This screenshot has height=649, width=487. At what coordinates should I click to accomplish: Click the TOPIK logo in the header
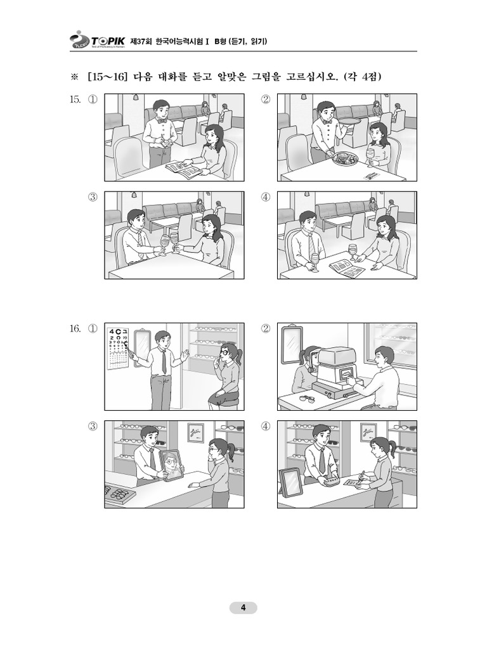(x=97, y=40)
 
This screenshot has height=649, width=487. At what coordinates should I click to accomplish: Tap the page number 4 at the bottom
(x=243, y=608)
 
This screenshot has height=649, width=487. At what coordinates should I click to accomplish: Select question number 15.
(x=75, y=100)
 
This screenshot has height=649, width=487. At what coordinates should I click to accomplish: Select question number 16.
(x=75, y=329)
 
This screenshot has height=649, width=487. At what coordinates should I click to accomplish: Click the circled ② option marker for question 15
(x=266, y=100)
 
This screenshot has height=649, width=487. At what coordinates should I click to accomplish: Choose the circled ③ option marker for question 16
(x=93, y=427)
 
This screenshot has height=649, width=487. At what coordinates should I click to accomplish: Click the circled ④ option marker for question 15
(x=266, y=197)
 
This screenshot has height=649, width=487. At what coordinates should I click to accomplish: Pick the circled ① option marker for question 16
(x=93, y=329)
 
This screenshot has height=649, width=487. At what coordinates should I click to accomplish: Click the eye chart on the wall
(x=119, y=348)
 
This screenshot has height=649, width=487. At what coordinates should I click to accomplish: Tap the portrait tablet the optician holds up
(x=170, y=465)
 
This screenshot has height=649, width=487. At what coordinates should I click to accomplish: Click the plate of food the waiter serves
(x=343, y=159)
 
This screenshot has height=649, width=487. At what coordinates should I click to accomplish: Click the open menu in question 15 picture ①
(x=182, y=168)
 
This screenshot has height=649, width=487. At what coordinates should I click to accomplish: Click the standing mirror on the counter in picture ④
(x=290, y=482)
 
